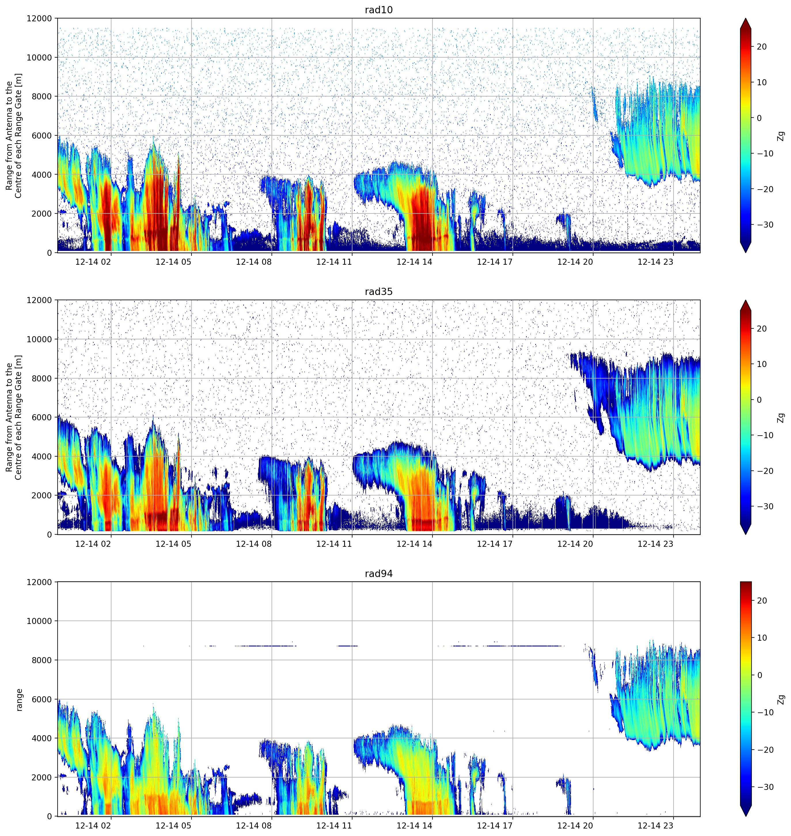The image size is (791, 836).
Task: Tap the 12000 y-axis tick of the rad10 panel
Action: [39, 18]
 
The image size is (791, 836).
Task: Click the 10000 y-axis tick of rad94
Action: [39, 621]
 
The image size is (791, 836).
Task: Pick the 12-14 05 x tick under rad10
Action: [173, 262]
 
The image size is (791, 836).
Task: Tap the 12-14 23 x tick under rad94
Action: [655, 826]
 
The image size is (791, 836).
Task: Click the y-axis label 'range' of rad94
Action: [19, 700]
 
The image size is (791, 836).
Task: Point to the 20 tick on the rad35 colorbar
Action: [761, 329]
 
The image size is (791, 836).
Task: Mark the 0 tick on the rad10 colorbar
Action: [759, 118]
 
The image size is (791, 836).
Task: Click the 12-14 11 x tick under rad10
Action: [334, 262]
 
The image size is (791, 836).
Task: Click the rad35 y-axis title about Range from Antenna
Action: [14, 417]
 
